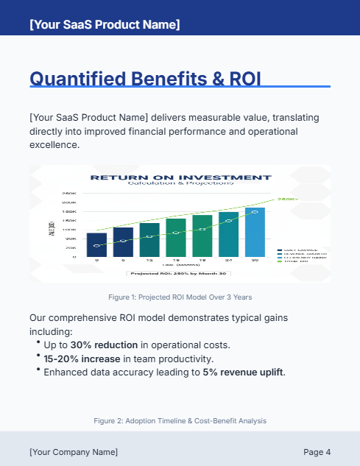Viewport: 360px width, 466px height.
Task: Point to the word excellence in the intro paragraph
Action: coord(53,145)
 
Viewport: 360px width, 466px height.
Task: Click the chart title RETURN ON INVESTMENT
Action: coord(180,177)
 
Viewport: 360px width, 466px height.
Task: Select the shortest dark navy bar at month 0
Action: coord(96,244)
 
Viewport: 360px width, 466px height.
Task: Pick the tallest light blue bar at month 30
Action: coord(255,232)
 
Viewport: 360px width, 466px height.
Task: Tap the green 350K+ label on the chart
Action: coord(286,199)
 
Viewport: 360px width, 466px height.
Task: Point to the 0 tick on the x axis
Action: coord(96,261)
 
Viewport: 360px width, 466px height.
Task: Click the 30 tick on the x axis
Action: coord(255,261)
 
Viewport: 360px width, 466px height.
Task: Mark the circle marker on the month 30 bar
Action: coord(255,211)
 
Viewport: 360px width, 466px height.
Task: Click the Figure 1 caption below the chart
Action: coord(180,297)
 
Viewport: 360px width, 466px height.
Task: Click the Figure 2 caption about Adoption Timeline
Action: coord(180,420)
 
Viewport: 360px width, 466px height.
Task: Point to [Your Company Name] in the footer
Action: coord(73,451)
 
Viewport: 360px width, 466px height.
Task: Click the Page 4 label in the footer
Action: coord(317,451)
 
